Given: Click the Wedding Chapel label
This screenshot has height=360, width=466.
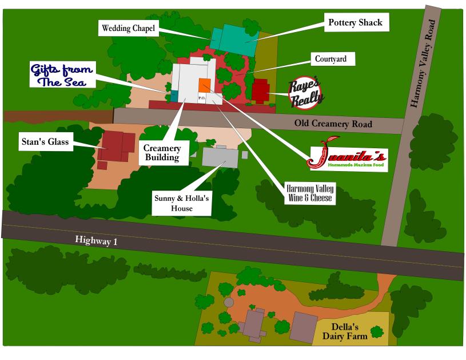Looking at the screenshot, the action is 129,28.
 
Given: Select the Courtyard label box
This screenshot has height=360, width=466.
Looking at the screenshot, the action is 330,59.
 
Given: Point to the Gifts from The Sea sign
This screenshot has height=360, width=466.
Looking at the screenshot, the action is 62,75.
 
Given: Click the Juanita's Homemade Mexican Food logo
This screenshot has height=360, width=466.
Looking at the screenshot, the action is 348,158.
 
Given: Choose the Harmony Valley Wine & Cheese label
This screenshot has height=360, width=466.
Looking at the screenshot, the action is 309,193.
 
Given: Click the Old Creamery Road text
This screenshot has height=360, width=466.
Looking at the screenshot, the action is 333,124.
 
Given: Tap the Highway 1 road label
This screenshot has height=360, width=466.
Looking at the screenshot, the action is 97,242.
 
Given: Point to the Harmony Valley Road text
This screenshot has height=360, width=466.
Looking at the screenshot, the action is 424,62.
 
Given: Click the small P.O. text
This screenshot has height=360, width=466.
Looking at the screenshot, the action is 202,98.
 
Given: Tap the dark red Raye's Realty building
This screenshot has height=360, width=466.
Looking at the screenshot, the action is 261,90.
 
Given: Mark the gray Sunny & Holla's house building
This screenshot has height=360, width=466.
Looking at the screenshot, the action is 220,156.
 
